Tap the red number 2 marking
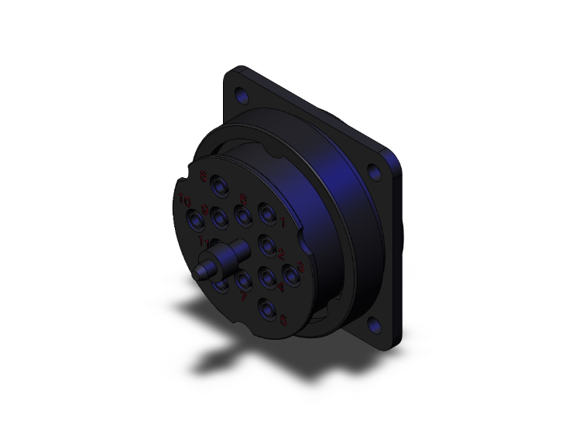282,253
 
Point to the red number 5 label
284,318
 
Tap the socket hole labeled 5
268,310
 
